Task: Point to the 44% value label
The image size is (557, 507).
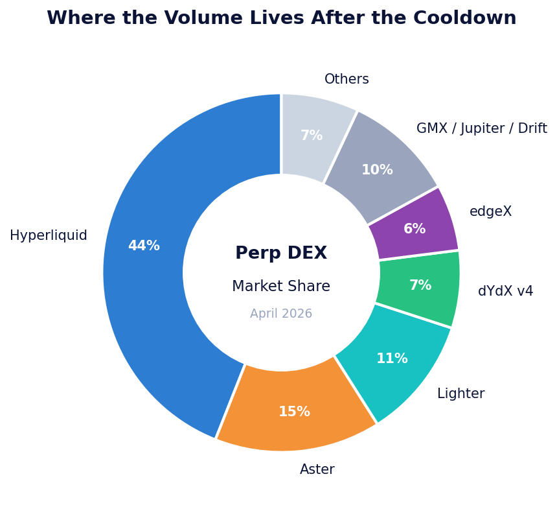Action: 144,246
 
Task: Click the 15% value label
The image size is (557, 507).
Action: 294,412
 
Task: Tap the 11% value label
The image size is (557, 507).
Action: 392,359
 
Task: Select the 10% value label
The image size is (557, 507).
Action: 377,171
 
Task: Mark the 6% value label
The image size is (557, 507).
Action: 415,230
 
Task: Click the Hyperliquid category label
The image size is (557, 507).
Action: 49,236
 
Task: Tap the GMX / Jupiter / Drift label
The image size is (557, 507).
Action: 481,129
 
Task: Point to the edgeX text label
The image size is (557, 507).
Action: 490,212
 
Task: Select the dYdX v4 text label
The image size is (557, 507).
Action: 505,292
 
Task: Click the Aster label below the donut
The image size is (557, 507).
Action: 317,470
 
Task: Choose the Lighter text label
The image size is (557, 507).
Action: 460,394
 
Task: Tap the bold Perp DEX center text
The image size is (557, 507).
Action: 281,253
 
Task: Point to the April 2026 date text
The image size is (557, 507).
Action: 281,314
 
